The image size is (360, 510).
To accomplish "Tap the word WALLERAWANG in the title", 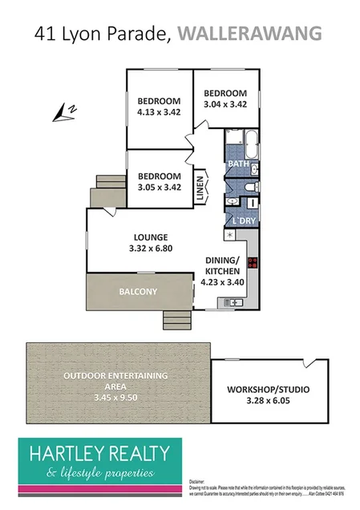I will [x=249, y=33].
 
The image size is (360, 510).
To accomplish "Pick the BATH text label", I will [x=238, y=164].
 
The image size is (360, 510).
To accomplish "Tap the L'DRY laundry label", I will [x=244, y=221].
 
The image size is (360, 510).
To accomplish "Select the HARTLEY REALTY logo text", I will [x=99, y=453].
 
